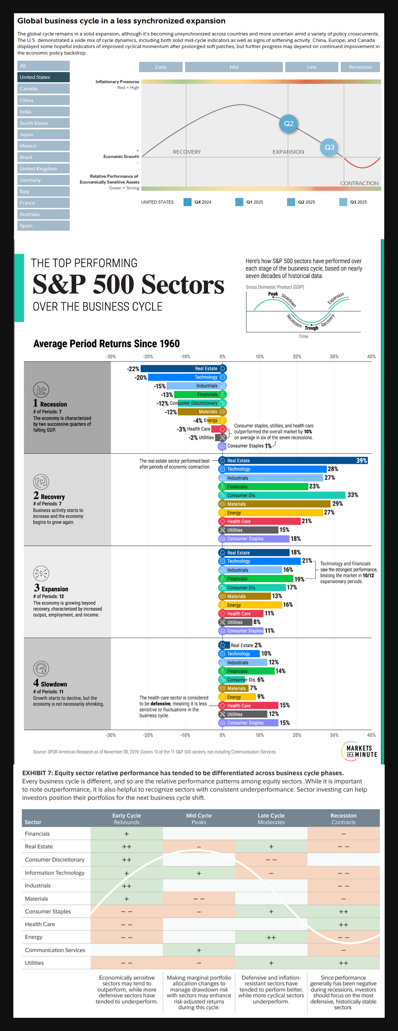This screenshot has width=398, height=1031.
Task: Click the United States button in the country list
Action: point(43,77)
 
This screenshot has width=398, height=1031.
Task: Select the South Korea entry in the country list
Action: point(43,123)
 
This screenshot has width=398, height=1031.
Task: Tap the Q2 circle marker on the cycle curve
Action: point(289,124)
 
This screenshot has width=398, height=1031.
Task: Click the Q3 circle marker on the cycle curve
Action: point(329,147)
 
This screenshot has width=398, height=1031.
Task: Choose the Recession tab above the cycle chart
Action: point(360,67)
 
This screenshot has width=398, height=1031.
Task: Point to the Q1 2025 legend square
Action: point(239,202)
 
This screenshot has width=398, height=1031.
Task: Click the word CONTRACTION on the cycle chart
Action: point(359,183)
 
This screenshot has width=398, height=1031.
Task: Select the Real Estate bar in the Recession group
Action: point(183,368)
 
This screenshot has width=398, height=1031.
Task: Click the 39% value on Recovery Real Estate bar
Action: point(361,461)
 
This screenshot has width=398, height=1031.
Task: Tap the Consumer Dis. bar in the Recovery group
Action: point(282,495)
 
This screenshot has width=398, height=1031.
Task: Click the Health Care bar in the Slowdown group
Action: point(248,706)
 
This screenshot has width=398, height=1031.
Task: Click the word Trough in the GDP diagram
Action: point(312,328)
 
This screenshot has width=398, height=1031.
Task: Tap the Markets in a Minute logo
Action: point(359,751)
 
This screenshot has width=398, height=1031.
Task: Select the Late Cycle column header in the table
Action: point(271,818)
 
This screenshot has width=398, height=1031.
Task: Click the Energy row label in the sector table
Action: point(34,937)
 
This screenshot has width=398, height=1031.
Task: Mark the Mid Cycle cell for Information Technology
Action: point(199,873)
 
